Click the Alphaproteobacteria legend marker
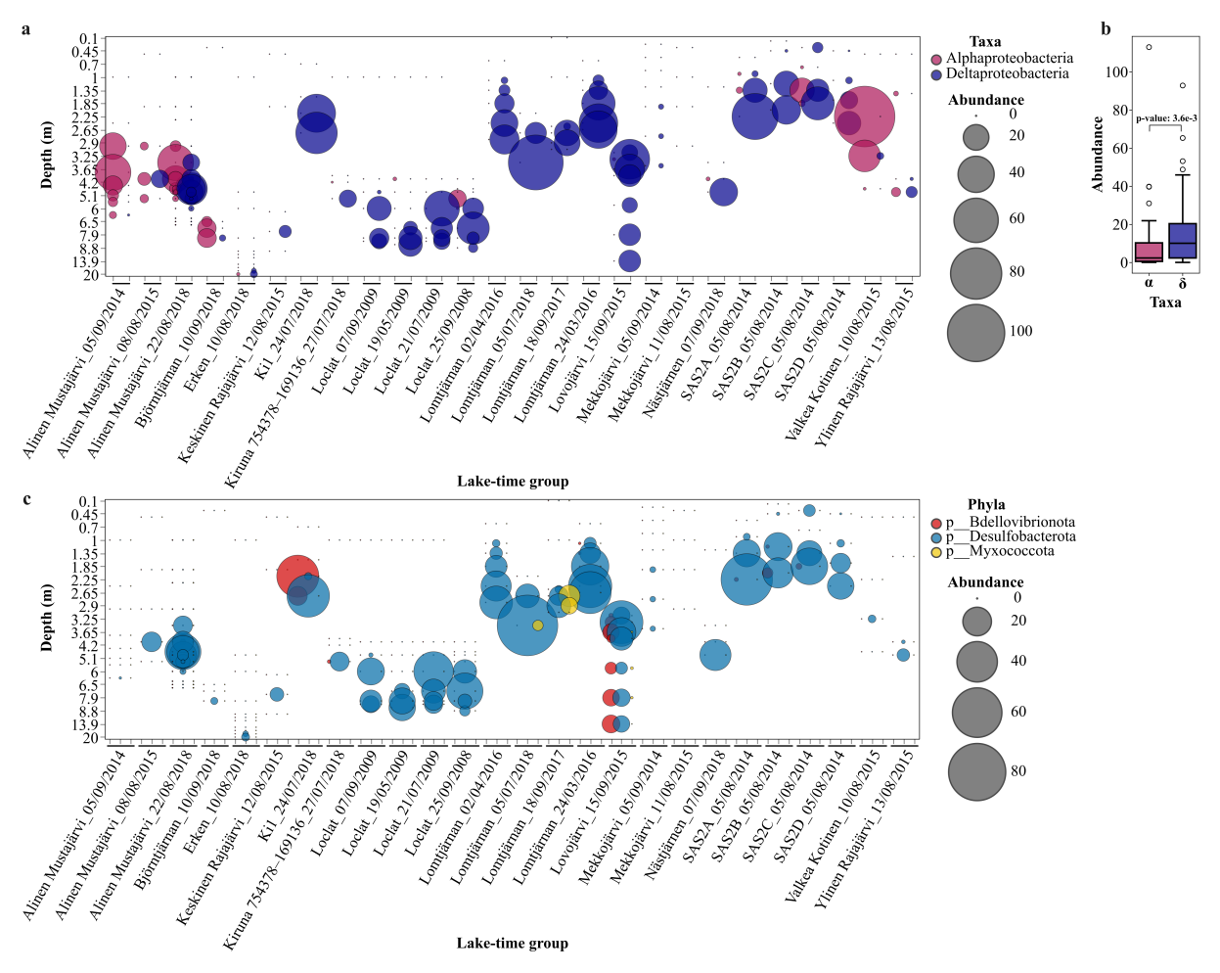click(936, 60)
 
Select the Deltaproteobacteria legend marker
click(936, 74)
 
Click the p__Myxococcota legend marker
click(936, 552)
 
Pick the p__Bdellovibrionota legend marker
click(936, 524)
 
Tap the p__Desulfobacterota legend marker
click(936, 537)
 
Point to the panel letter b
click(1106, 28)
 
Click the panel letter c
click(26, 499)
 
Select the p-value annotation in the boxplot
click(1166, 118)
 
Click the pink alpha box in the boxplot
click(1149, 252)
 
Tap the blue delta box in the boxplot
click(1182, 241)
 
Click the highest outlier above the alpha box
click(1149, 47)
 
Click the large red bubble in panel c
click(297, 575)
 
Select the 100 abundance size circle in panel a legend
click(975, 332)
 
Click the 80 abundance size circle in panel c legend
click(976, 771)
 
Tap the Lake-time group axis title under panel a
click(513, 481)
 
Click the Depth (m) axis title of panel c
click(46, 618)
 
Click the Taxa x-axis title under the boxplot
click(1165, 302)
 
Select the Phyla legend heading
click(986, 505)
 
